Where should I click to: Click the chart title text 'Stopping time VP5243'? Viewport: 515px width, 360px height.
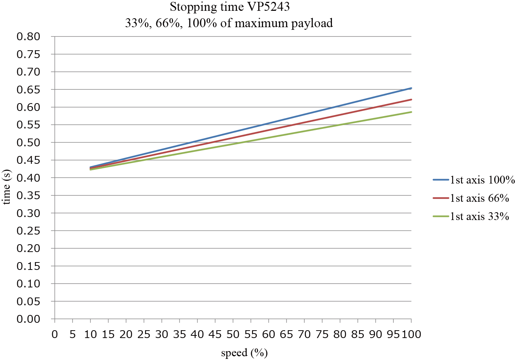click(x=230, y=7)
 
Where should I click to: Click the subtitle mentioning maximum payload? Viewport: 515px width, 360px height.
click(x=229, y=23)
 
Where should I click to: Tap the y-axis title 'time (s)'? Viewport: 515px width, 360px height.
click(x=7, y=187)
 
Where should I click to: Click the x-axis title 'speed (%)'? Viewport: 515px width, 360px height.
click(x=244, y=353)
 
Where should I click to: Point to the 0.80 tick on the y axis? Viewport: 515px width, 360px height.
click(x=28, y=36)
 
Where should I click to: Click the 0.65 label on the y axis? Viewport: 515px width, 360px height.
click(x=28, y=89)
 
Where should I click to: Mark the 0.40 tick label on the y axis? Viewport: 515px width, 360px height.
click(x=28, y=178)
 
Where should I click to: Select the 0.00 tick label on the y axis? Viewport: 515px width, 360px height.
click(x=28, y=319)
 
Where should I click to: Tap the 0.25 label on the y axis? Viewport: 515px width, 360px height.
click(x=28, y=231)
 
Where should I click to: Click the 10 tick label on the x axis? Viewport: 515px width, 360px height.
click(x=90, y=334)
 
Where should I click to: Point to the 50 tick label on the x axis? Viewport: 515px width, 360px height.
click(x=233, y=334)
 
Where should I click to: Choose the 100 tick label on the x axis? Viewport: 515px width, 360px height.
click(x=411, y=334)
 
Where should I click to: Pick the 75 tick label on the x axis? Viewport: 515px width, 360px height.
click(x=322, y=334)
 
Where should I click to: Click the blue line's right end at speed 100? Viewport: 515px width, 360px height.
click(x=411, y=88)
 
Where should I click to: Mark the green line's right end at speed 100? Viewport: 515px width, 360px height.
click(x=411, y=112)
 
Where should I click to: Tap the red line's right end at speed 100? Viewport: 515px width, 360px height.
click(x=411, y=99)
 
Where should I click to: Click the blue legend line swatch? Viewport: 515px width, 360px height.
click(x=441, y=180)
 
